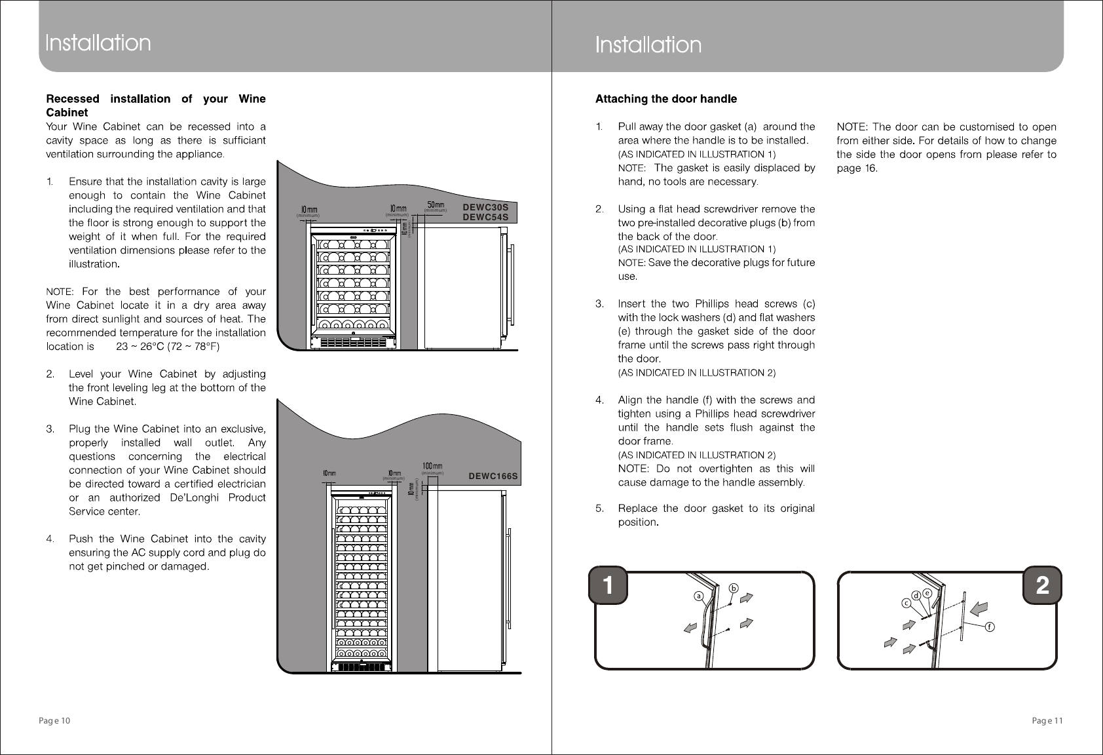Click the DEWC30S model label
[x=485, y=206]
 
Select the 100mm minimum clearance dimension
[x=432, y=467]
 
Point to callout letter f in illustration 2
[x=990, y=627]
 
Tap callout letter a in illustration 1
[x=699, y=597]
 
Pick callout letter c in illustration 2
[x=907, y=602]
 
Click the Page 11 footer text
[x=1047, y=721]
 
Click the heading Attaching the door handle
[x=665, y=99]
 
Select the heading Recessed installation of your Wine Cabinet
[x=156, y=106]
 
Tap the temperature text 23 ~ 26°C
[x=140, y=347]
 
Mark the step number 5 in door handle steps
[x=599, y=508]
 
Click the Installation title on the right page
[x=648, y=45]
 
